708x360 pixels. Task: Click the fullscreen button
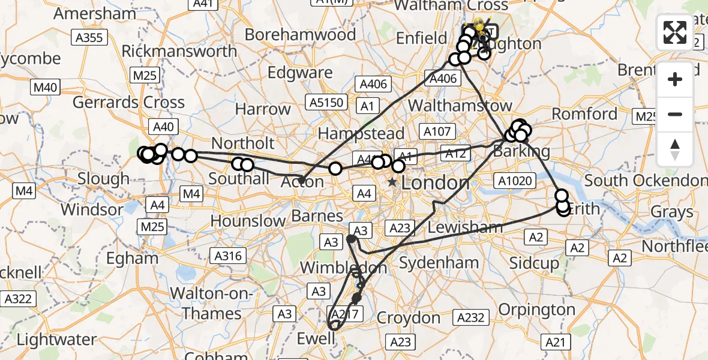[x=675, y=32]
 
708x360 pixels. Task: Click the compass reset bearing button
[x=675, y=148]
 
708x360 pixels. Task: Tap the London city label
[x=436, y=182]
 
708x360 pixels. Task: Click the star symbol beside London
[x=392, y=182]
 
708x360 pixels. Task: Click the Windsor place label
[x=92, y=210]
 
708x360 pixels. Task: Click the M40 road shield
[x=45, y=88]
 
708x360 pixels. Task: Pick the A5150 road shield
[x=325, y=102]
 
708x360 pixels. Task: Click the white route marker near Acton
[x=335, y=169]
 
